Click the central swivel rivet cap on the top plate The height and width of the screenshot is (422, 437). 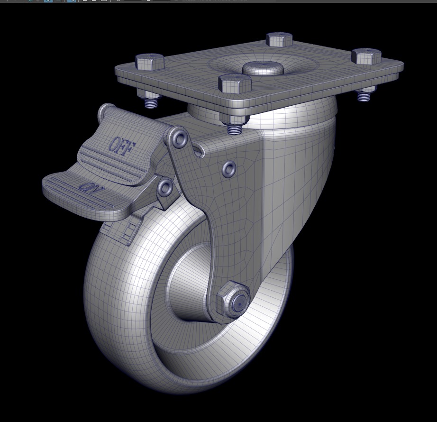point(263,68)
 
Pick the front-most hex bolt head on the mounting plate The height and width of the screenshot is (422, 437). point(234,83)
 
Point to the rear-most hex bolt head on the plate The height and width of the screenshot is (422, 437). point(279,39)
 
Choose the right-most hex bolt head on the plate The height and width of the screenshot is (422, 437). point(366,56)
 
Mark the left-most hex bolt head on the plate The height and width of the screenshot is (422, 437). point(149,62)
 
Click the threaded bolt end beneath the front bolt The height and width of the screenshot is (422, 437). point(234,128)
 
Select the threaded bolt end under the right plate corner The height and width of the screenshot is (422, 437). point(364,96)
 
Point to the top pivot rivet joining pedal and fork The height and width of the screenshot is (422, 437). point(180,139)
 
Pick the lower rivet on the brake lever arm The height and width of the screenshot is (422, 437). point(165,188)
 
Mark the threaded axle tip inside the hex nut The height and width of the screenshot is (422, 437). point(240,302)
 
